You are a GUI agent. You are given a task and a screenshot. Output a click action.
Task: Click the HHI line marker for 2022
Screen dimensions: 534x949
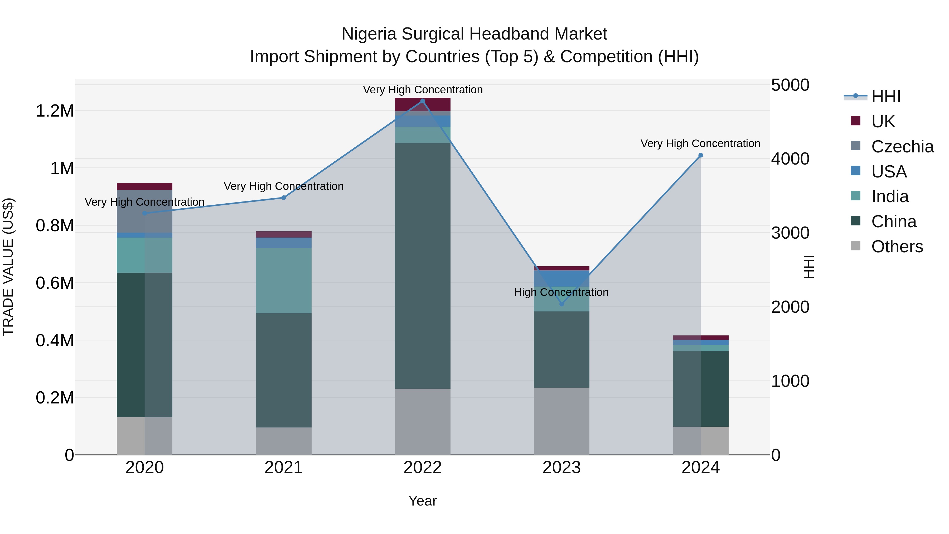click(x=423, y=101)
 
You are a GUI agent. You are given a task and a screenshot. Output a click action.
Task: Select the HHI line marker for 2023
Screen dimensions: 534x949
click(x=561, y=304)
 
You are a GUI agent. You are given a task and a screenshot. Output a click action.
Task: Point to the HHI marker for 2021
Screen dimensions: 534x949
click(x=284, y=198)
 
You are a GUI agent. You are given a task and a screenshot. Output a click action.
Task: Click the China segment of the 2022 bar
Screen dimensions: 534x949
click(x=423, y=265)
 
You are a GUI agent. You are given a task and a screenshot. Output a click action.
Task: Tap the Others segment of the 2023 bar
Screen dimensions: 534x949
click(x=561, y=421)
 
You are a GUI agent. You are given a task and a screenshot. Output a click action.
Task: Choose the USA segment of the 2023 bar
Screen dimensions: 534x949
click(x=561, y=278)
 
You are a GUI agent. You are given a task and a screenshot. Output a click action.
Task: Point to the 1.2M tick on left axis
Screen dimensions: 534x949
click(x=55, y=111)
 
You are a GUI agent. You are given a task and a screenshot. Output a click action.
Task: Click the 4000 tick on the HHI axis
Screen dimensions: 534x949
click(x=790, y=159)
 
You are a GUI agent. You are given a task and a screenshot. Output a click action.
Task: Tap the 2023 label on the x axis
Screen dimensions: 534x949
click(x=561, y=467)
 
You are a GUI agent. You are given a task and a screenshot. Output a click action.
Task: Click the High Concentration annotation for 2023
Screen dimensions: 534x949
click(x=561, y=292)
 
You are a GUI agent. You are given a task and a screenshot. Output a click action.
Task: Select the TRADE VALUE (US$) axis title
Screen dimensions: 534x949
click(x=8, y=267)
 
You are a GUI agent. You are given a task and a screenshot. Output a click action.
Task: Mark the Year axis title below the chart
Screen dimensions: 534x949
click(x=423, y=501)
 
